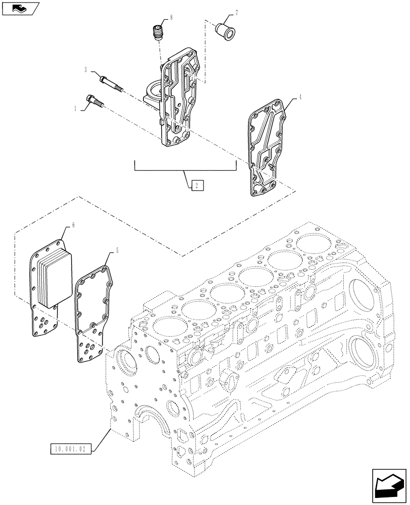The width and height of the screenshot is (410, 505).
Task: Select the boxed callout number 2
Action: click(x=197, y=185)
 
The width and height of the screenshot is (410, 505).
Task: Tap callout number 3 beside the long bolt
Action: click(x=86, y=70)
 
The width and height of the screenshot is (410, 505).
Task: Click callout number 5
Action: click(x=117, y=250)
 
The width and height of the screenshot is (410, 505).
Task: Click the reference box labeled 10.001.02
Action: click(x=72, y=448)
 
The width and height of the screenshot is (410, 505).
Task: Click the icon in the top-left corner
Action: click(x=19, y=9)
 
